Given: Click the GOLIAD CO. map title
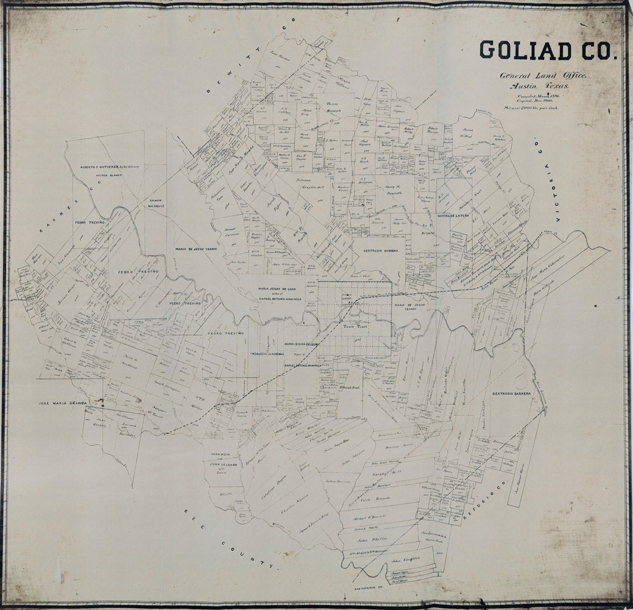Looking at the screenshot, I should (x=548, y=51).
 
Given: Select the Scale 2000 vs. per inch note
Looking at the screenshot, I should (x=531, y=107).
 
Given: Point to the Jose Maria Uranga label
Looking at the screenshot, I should (x=62, y=403).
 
